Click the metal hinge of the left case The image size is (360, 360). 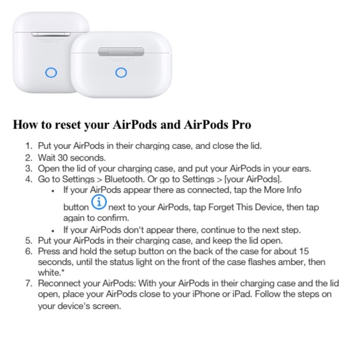point(51,34)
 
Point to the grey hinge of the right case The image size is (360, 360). point(121,52)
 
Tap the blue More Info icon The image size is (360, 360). point(99,202)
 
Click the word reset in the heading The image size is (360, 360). point(67,124)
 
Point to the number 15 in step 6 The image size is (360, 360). point(304,251)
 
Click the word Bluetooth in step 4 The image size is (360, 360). point(124,179)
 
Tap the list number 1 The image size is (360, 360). point(28,146)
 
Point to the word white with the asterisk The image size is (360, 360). point(51,272)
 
